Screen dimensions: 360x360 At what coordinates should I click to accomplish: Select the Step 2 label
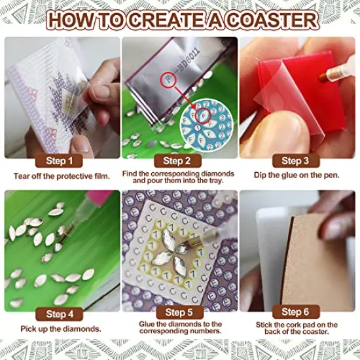(177, 160)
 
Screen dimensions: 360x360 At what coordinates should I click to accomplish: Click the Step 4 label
(65, 313)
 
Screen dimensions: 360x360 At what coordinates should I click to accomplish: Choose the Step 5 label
(177, 313)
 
